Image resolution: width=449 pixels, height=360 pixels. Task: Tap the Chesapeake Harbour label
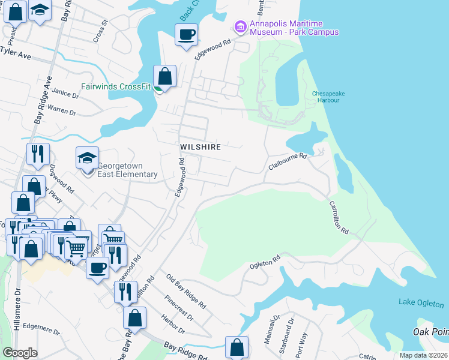click(326, 97)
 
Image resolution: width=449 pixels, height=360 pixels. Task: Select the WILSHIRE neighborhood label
click(200, 146)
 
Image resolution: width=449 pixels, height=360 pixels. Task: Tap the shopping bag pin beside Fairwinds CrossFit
click(164, 77)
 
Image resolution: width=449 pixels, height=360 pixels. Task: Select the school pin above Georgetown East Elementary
click(87, 158)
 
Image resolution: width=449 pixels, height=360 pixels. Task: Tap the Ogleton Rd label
click(265, 262)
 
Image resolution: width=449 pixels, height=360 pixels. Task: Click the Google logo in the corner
click(20, 353)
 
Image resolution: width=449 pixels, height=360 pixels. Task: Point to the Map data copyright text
click(423, 355)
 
